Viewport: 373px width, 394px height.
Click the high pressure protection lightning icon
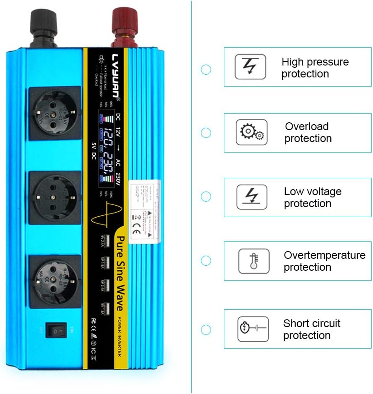click(x=250, y=66)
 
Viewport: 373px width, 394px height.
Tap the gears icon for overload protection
click(x=251, y=132)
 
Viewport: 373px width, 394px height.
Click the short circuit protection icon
click(x=253, y=328)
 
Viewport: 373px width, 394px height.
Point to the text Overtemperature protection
click(x=324, y=261)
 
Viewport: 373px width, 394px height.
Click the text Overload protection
click(x=307, y=132)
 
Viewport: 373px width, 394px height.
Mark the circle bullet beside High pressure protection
click(x=206, y=70)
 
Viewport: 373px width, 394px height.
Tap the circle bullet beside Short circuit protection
click(x=206, y=329)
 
